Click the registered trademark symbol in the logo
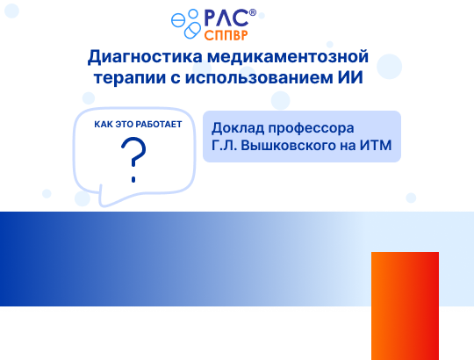click(x=253, y=12)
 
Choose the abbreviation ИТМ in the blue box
click(x=375, y=146)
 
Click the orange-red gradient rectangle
click(x=405, y=305)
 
